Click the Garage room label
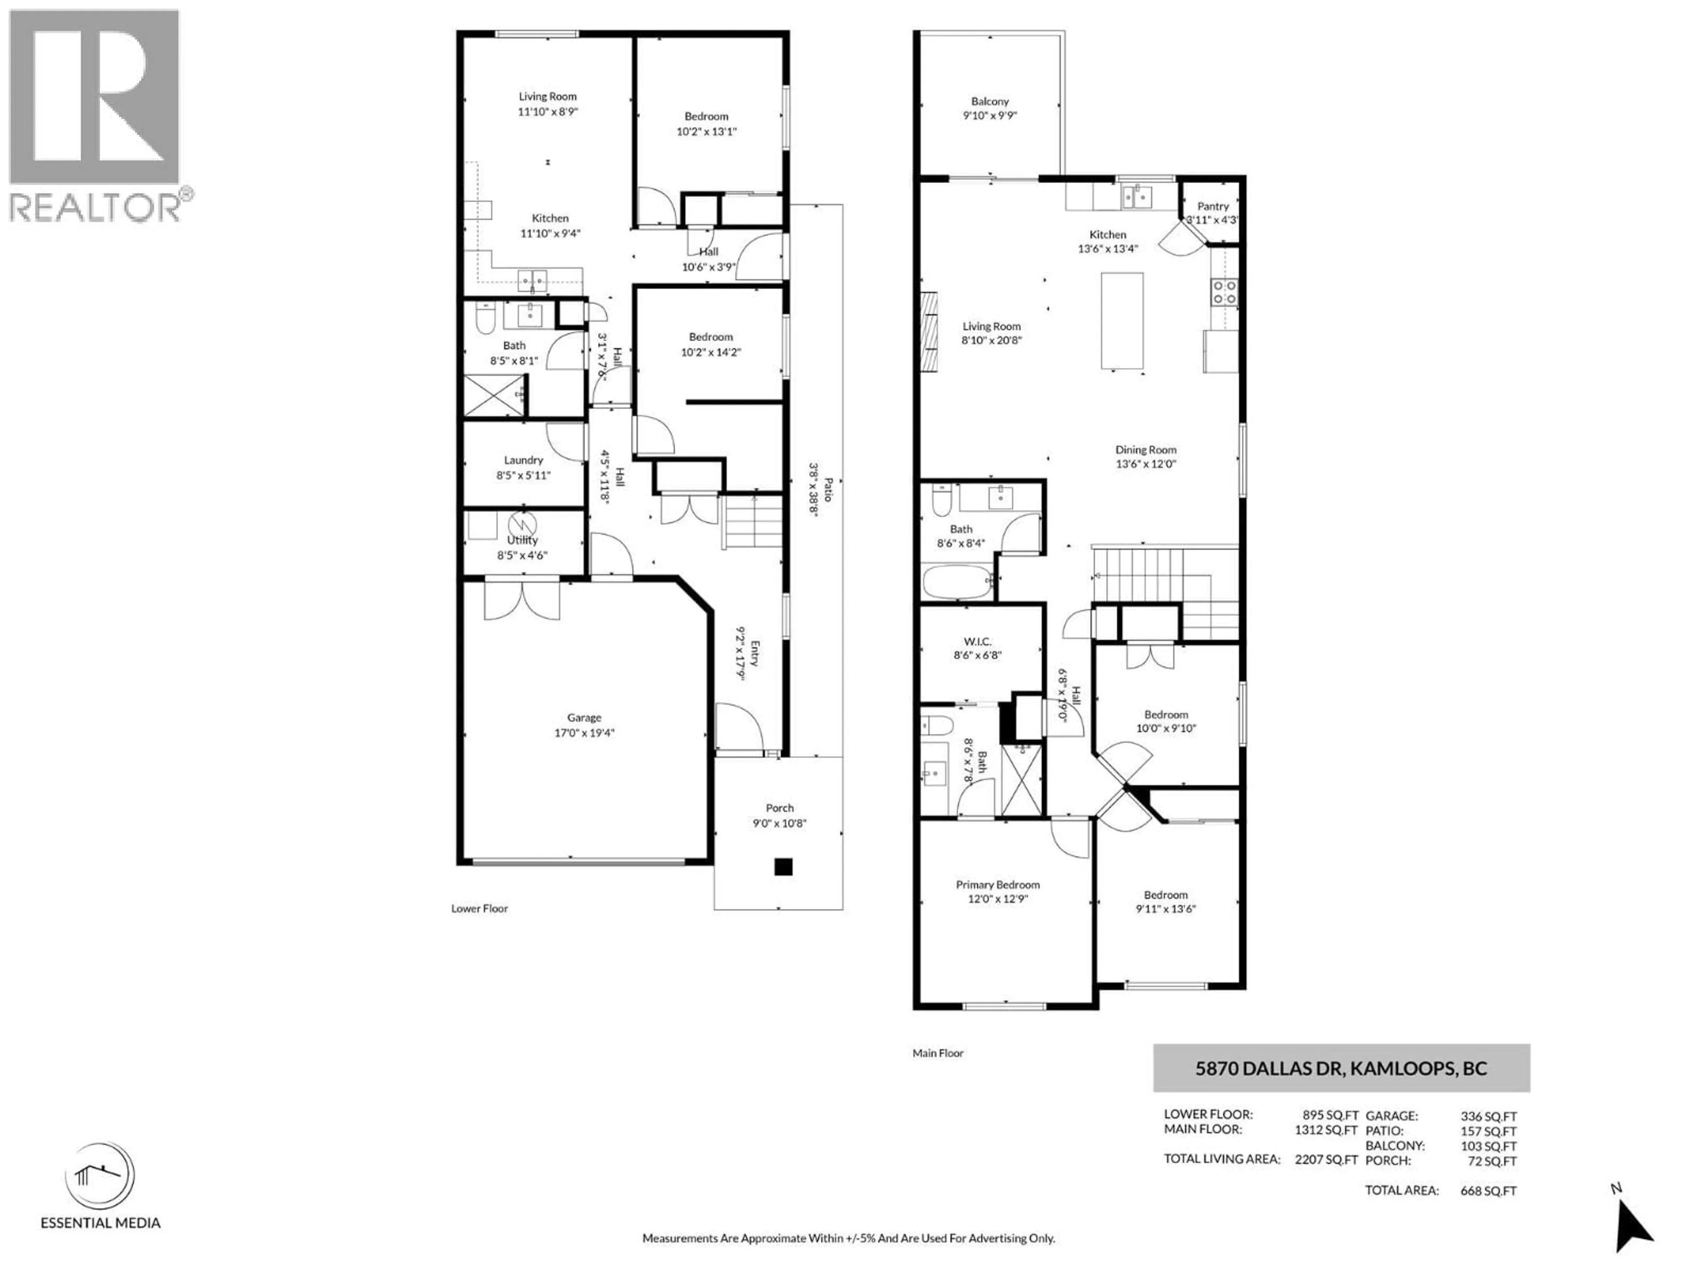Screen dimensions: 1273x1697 click(584, 717)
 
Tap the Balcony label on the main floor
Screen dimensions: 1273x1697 click(989, 101)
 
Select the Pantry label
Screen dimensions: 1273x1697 click(1213, 206)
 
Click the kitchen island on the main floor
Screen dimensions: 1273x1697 click(1122, 321)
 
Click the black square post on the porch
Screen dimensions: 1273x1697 click(783, 867)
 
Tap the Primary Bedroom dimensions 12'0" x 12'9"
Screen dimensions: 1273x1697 click(997, 899)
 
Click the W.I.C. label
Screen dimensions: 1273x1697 click(978, 641)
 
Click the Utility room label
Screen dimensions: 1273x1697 click(522, 540)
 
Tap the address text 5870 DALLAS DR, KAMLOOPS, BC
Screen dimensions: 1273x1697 click(1341, 1068)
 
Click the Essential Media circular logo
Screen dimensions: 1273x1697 click(100, 1176)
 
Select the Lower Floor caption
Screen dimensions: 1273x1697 click(479, 908)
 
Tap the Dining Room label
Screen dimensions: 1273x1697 click(1145, 450)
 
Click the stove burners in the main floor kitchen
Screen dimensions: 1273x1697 click(1224, 292)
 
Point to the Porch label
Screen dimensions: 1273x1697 click(780, 808)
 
